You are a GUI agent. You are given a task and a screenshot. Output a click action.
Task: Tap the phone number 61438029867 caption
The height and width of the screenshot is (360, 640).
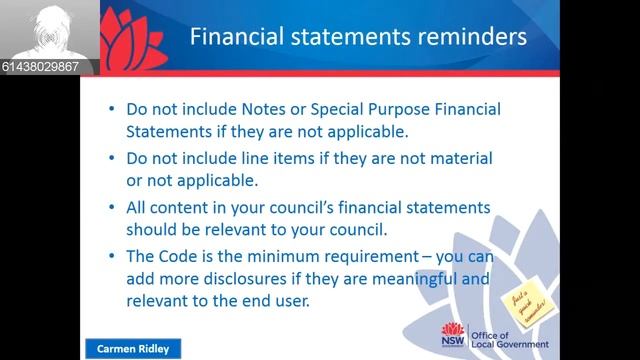pyautogui.click(x=46, y=67)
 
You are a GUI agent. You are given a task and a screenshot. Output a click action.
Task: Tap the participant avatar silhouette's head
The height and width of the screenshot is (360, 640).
pyautogui.click(x=47, y=23)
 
